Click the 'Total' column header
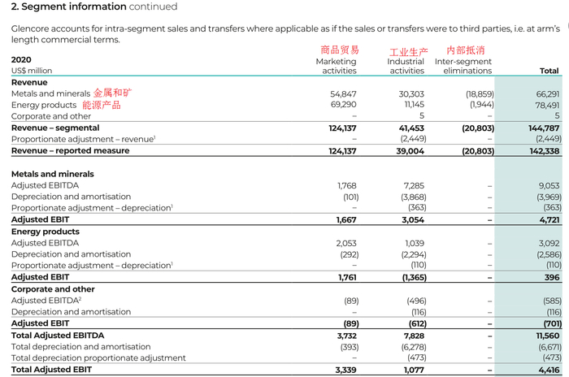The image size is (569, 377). pyautogui.click(x=549, y=71)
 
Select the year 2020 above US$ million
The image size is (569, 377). pyautogui.click(x=21, y=59)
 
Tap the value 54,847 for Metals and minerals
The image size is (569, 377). pyautogui.click(x=342, y=94)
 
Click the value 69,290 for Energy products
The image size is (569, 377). pyautogui.click(x=342, y=105)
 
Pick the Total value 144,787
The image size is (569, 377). pyautogui.click(x=543, y=128)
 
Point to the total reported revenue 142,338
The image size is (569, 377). pyautogui.click(x=542, y=151)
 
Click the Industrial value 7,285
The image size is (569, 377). pyautogui.click(x=414, y=185)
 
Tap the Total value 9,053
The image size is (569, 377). pyautogui.click(x=548, y=185)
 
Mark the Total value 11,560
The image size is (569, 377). pyautogui.click(x=546, y=336)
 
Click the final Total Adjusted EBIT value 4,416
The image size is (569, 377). pyautogui.click(x=548, y=370)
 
